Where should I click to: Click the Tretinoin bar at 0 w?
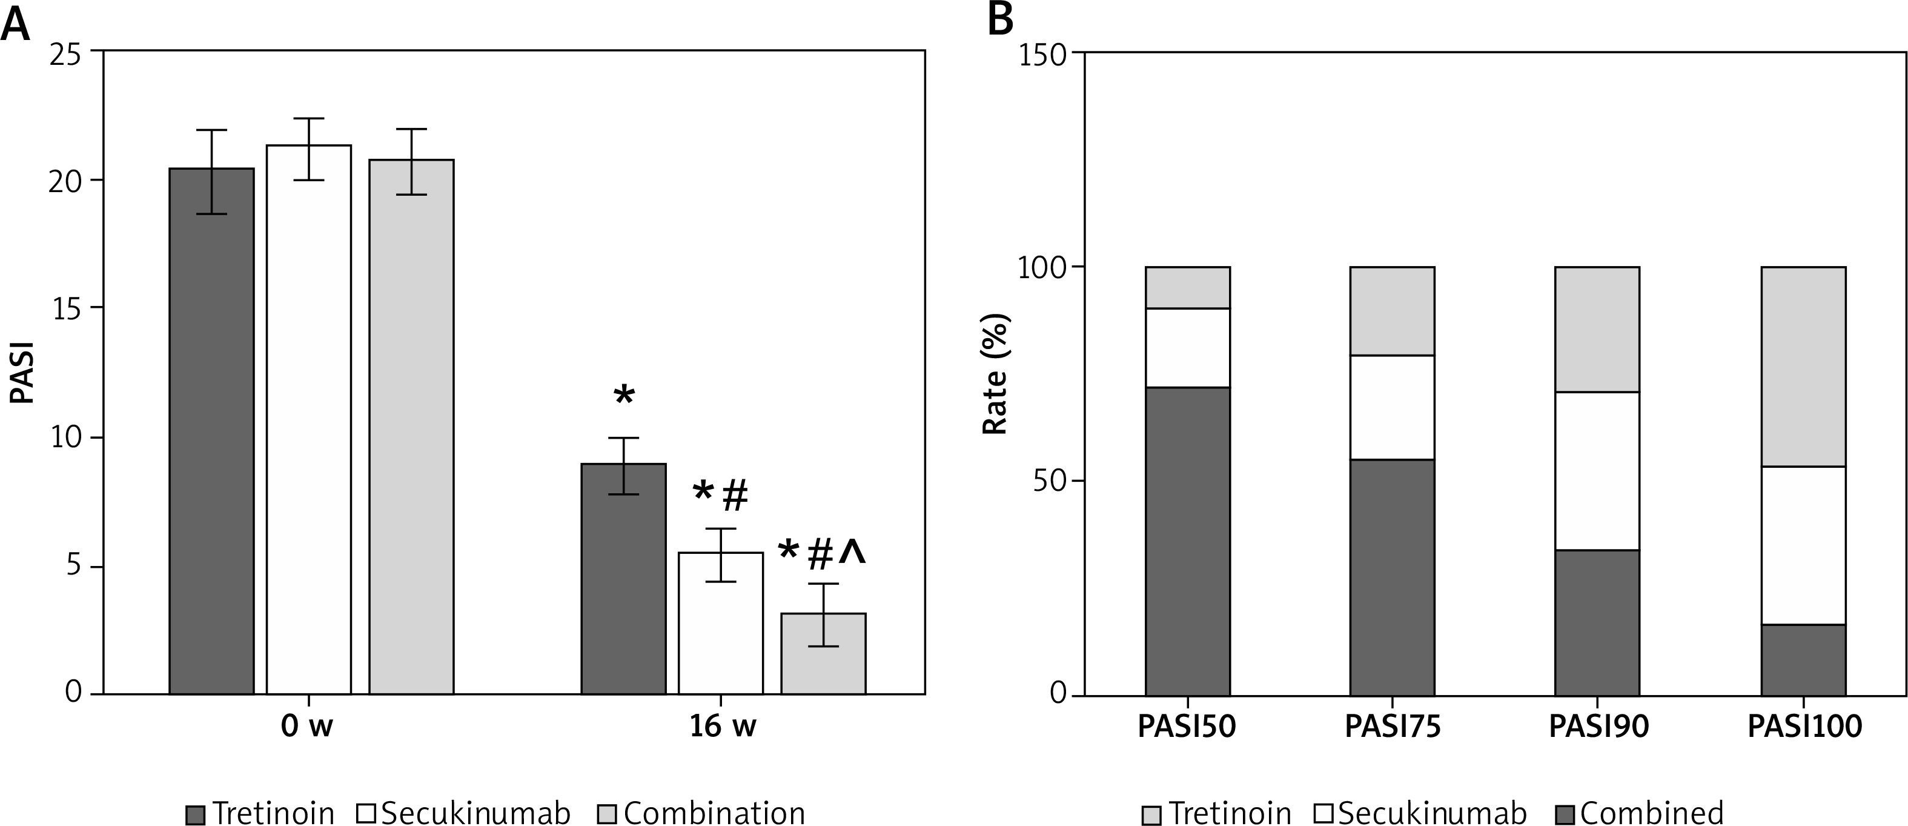212,430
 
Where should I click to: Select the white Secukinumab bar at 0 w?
309,419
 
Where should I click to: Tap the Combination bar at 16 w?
824,653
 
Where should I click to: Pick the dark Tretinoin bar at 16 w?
624,578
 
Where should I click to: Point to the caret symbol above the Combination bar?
852,553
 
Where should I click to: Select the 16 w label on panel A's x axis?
722,727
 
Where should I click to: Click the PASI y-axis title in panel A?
24,372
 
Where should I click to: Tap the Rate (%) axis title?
995,374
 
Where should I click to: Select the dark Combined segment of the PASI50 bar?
1188,541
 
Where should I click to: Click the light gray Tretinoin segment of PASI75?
1393,311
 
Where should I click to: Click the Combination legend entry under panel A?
701,813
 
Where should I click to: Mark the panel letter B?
1000,21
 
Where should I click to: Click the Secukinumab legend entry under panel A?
463,813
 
